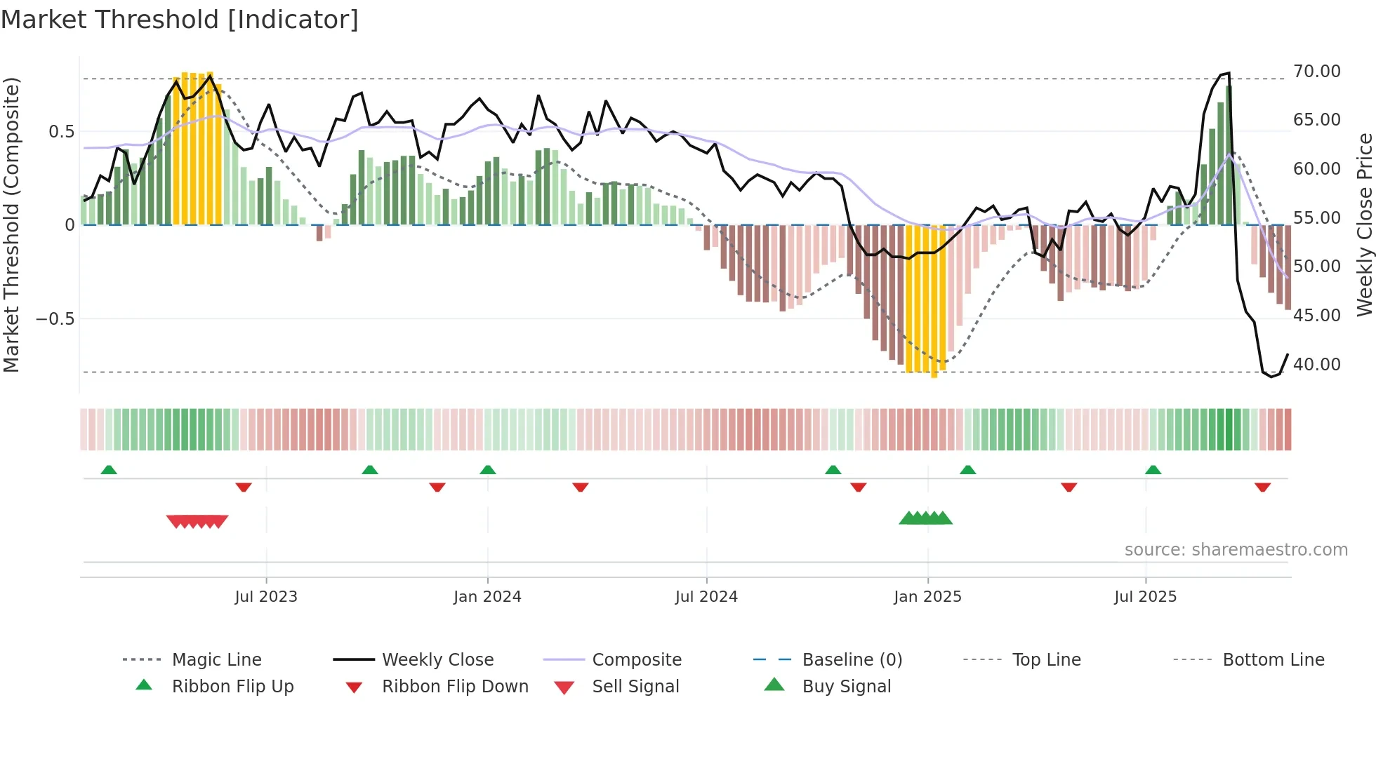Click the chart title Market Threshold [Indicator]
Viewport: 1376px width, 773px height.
(180, 19)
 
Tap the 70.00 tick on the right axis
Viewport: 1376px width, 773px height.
(1316, 71)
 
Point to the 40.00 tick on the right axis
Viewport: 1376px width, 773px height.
(1316, 364)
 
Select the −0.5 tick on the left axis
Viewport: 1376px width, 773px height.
(55, 318)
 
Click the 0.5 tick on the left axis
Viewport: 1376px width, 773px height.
(61, 131)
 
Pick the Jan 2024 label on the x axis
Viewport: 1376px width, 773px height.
(487, 596)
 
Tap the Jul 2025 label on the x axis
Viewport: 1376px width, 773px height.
(1145, 596)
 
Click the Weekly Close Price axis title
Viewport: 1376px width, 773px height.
(1364, 224)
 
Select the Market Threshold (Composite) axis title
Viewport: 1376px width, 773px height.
(11, 224)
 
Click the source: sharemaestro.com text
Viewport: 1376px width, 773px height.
(1236, 549)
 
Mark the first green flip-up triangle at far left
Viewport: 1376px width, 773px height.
(109, 470)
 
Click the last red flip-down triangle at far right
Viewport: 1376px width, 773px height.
(1262, 487)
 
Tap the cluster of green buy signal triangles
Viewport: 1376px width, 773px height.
(925, 518)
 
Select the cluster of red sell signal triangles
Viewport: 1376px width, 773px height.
(197, 521)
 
